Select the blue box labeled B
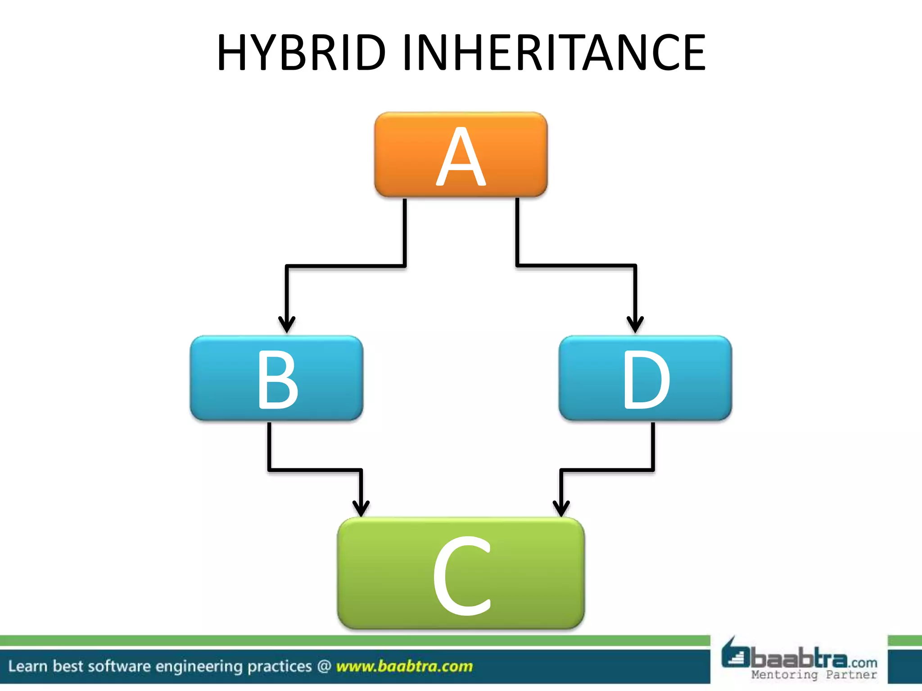276,378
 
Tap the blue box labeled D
645,378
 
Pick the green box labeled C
461,573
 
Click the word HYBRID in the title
301,53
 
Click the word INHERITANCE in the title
554,53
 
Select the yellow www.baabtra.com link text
404,666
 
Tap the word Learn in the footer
27,666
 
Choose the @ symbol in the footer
324,666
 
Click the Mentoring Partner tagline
814,675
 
